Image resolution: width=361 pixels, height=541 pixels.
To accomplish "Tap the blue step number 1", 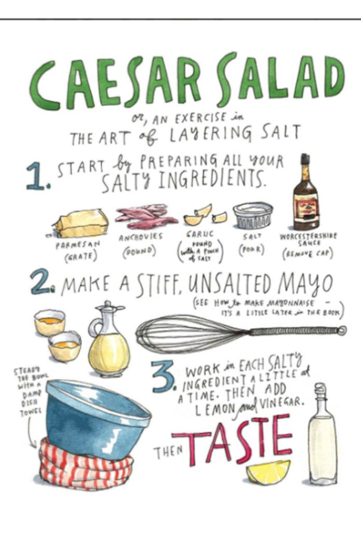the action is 36,177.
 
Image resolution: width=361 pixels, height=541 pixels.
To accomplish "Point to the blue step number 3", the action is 163,378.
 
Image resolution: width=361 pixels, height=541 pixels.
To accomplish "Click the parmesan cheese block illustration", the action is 80,224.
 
